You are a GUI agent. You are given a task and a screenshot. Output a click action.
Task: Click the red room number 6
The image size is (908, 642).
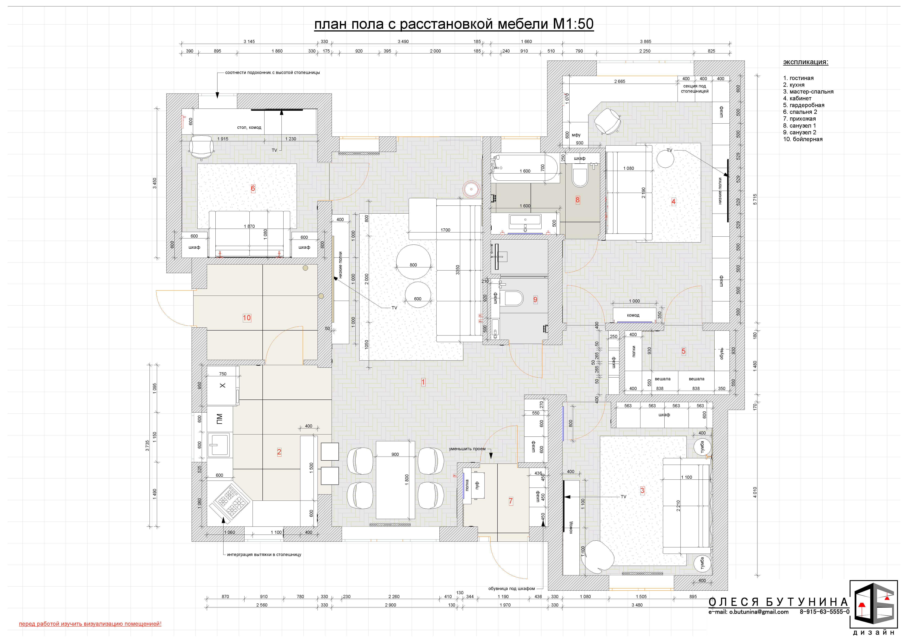point(253,189)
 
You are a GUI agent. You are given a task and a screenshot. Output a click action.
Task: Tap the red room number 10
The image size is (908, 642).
point(247,318)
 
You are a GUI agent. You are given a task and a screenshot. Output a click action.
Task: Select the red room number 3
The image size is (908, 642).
point(642,491)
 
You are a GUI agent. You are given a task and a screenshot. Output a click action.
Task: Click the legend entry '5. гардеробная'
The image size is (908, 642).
point(804,105)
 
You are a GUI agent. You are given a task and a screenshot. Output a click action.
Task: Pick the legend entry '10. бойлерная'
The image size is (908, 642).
point(803,139)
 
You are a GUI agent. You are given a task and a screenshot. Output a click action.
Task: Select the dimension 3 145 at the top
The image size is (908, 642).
point(249,42)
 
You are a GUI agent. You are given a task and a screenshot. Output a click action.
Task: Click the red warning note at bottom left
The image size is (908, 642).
point(90,624)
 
